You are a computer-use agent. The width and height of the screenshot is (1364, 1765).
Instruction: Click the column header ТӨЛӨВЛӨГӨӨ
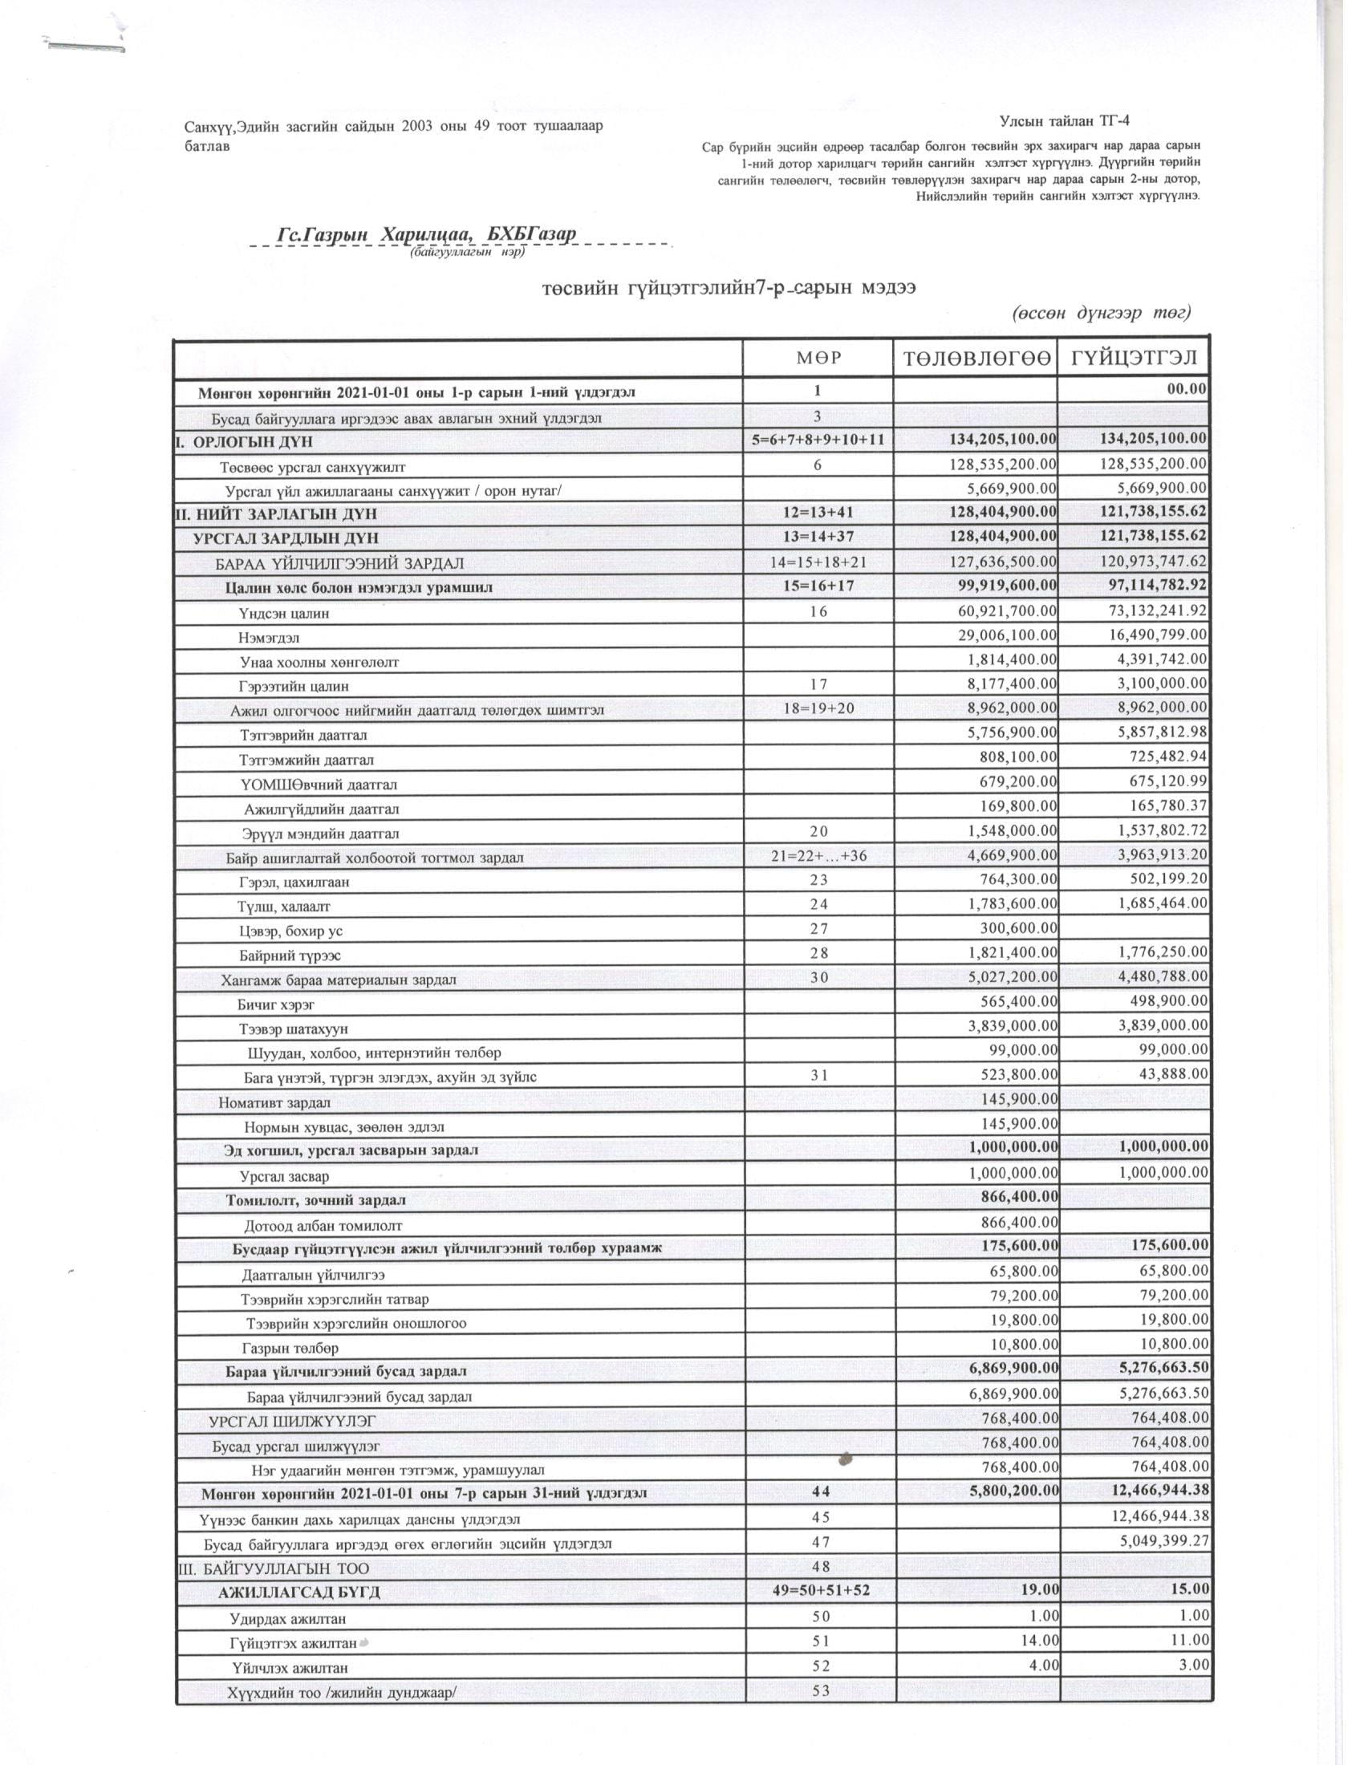click(975, 358)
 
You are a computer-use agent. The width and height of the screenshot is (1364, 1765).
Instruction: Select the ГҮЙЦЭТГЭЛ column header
click(1134, 358)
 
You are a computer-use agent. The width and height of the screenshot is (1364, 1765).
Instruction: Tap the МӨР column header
click(817, 358)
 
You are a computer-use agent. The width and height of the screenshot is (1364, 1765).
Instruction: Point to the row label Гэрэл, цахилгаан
click(294, 882)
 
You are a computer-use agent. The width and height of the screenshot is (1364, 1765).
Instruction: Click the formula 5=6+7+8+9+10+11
click(817, 440)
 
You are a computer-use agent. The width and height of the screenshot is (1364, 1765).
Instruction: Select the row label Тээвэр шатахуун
click(294, 1029)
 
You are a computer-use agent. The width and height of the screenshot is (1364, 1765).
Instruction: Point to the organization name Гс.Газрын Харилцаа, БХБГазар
click(426, 234)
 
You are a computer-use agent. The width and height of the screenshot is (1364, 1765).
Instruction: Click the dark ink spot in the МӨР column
click(846, 1459)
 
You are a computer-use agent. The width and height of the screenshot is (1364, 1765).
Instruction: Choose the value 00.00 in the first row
click(1186, 390)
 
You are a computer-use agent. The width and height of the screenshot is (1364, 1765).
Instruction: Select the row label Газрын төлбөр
click(290, 1348)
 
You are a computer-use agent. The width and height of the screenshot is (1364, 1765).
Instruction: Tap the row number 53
click(820, 1690)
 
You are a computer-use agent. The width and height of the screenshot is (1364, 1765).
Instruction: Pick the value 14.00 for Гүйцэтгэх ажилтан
click(1036, 1641)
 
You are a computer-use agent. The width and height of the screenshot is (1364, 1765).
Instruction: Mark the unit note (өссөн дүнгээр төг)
click(1102, 313)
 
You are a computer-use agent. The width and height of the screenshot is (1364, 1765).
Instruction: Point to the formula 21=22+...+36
click(818, 855)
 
